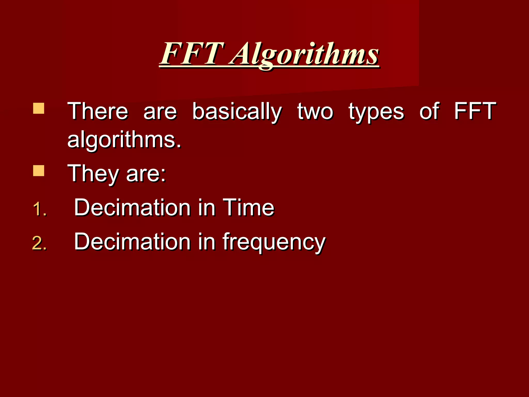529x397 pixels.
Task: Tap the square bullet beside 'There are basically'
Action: pos(39,108)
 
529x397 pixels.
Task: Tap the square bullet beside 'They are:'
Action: pos(39,171)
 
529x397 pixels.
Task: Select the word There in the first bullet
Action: pos(98,111)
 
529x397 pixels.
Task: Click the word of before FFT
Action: pos(429,111)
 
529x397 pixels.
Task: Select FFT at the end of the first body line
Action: pos(475,111)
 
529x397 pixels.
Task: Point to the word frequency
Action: pos(274,242)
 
